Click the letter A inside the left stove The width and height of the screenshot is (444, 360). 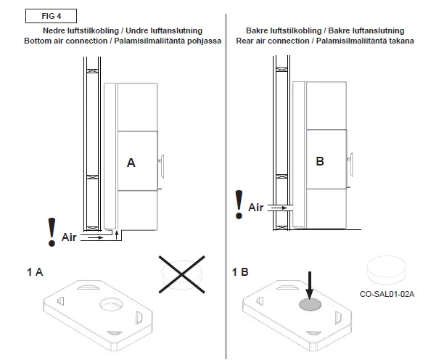coord(131,163)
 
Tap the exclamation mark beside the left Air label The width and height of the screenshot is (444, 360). coord(51,232)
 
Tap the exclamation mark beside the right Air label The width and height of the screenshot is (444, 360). coord(239,204)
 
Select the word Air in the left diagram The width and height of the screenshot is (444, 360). coord(69,237)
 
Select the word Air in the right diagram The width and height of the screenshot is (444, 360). coord(256,208)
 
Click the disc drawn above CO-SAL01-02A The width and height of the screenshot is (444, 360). coord(386,270)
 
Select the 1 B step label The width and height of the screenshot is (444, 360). coord(240,272)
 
